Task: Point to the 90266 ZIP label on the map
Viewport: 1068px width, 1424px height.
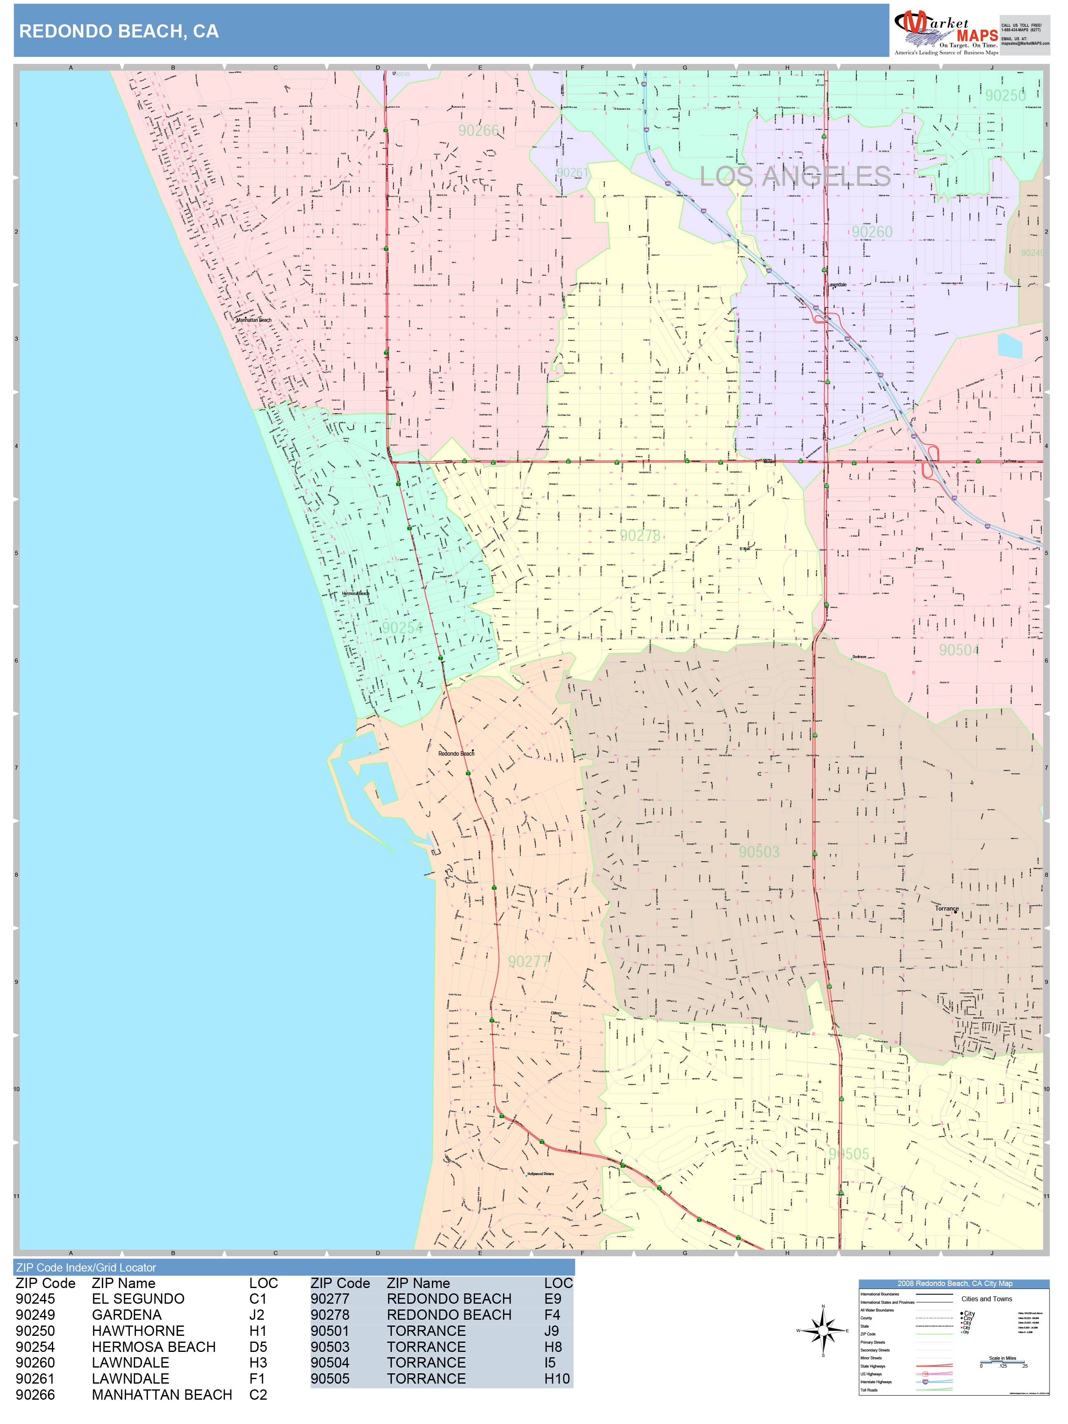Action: (x=478, y=131)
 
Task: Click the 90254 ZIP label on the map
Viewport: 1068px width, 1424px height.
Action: (x=402, y=628)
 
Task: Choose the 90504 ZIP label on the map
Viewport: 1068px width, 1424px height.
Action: (x=958, y=650)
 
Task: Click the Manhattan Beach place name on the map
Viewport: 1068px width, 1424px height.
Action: (x=254, y=320)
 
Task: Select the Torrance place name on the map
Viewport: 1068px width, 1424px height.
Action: (x=946, y=909)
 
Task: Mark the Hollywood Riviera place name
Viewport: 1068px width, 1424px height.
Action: (x=540, y=1173)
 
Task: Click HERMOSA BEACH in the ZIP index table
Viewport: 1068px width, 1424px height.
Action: (x=153, y=1347)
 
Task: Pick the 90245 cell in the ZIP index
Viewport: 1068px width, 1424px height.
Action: (x=35, y=1299)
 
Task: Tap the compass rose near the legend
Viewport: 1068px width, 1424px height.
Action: (x=823, y=1330)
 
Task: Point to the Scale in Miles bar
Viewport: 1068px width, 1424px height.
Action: (x=1002, y=1361)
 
